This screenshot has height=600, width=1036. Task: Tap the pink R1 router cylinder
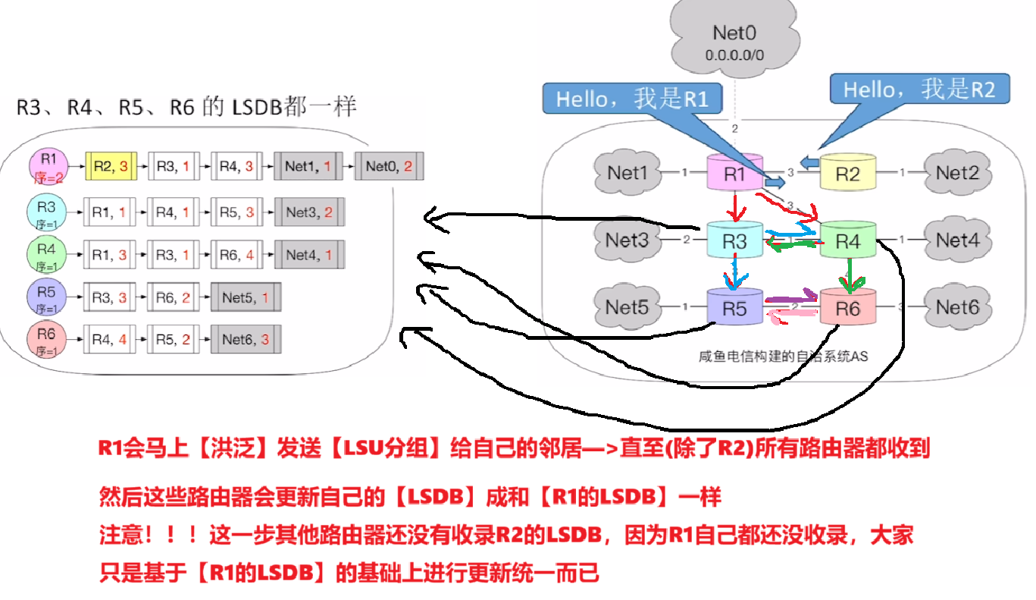(734, 174)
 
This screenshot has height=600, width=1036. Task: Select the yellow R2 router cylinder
(847, 174)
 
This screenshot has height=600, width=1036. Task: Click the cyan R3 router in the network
(734, 240)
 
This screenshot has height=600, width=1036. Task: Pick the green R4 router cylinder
(847, 240)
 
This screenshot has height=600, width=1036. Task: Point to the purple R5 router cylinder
(734, 308)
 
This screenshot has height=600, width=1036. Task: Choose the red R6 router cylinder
(847, 308)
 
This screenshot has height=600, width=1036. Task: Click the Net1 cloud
(628, 173)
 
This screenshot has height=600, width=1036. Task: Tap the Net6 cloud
(957, 306)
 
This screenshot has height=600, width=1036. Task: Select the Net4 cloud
(957, 240)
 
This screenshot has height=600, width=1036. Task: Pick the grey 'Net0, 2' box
(389, 165)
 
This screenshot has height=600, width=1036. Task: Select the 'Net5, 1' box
(246, 297)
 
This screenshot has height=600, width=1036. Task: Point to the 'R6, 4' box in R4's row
(236, 255)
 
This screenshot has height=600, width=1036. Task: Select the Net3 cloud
(628, 240)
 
